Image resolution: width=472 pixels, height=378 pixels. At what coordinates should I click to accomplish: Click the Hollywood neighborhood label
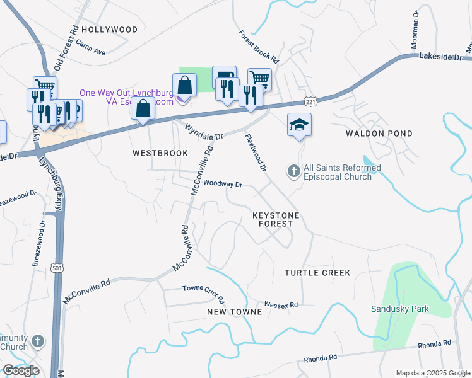coord(109,30)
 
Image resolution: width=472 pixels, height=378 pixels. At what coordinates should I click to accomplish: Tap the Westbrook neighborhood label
coord(160,153)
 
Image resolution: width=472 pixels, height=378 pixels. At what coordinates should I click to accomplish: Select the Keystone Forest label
coord(276,219)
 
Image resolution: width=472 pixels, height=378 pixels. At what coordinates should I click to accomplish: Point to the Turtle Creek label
coord(317,273)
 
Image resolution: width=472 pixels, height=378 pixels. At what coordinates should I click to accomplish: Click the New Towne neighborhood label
coord(234,312)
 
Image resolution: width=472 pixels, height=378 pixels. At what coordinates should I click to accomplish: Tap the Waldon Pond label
coord(379,134)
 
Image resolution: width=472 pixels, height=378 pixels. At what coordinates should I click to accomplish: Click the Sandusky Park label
coord(399,309)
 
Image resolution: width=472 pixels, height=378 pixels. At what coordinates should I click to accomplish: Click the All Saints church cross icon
coord(293,171)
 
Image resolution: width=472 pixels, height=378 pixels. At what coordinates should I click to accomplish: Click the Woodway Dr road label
coord(223,184)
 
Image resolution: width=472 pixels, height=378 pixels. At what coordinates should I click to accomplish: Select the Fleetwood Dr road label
coord(256,154)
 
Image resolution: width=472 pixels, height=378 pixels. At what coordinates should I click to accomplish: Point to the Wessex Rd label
coord(281,304)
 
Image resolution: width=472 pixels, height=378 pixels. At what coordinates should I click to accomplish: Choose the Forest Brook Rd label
coord(259,46)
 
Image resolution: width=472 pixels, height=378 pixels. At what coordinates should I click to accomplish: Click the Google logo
coord(21,370)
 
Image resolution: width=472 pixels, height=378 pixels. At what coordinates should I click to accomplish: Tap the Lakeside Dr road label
coord(441,57)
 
